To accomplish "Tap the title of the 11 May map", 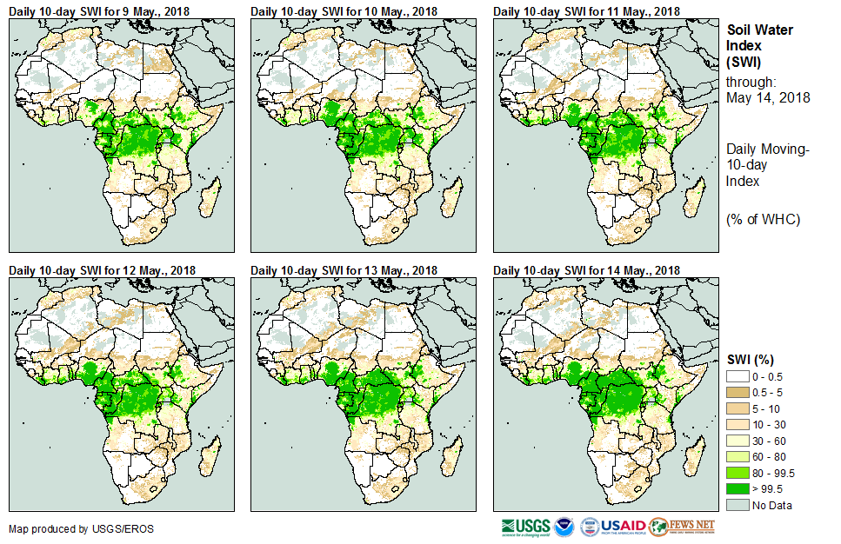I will tap(586, 10).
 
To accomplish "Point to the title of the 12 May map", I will tap(102, 270).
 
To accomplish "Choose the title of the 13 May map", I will tap(344, 270).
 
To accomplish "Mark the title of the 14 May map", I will tap(586, 270).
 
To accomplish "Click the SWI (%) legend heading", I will tap(751, 360).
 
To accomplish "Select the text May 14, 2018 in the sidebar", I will tap(768, 97).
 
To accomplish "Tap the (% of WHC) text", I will tap(763, 219).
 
